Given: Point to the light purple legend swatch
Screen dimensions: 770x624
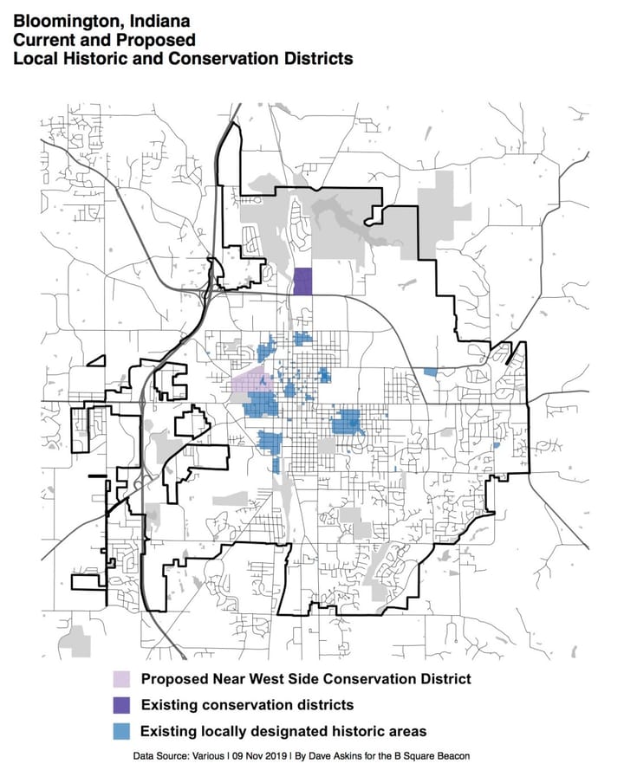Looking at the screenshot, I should click(x=121, y=678).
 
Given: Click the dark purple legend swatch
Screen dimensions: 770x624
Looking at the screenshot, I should click(x=121, y=704).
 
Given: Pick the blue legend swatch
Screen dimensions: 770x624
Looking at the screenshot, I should click(x=121, y=730).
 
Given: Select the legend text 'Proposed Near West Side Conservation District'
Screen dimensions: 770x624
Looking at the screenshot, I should click(x=305, y=678).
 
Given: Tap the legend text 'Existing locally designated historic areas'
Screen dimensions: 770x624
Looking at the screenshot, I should click(x=283, y=730).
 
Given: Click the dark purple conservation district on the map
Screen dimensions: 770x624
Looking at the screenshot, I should click(x=302, y=281).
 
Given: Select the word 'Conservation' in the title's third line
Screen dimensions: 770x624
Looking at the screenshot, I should click(x=205, y=59).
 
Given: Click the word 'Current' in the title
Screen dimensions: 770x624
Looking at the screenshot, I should click(x=37, y=39).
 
